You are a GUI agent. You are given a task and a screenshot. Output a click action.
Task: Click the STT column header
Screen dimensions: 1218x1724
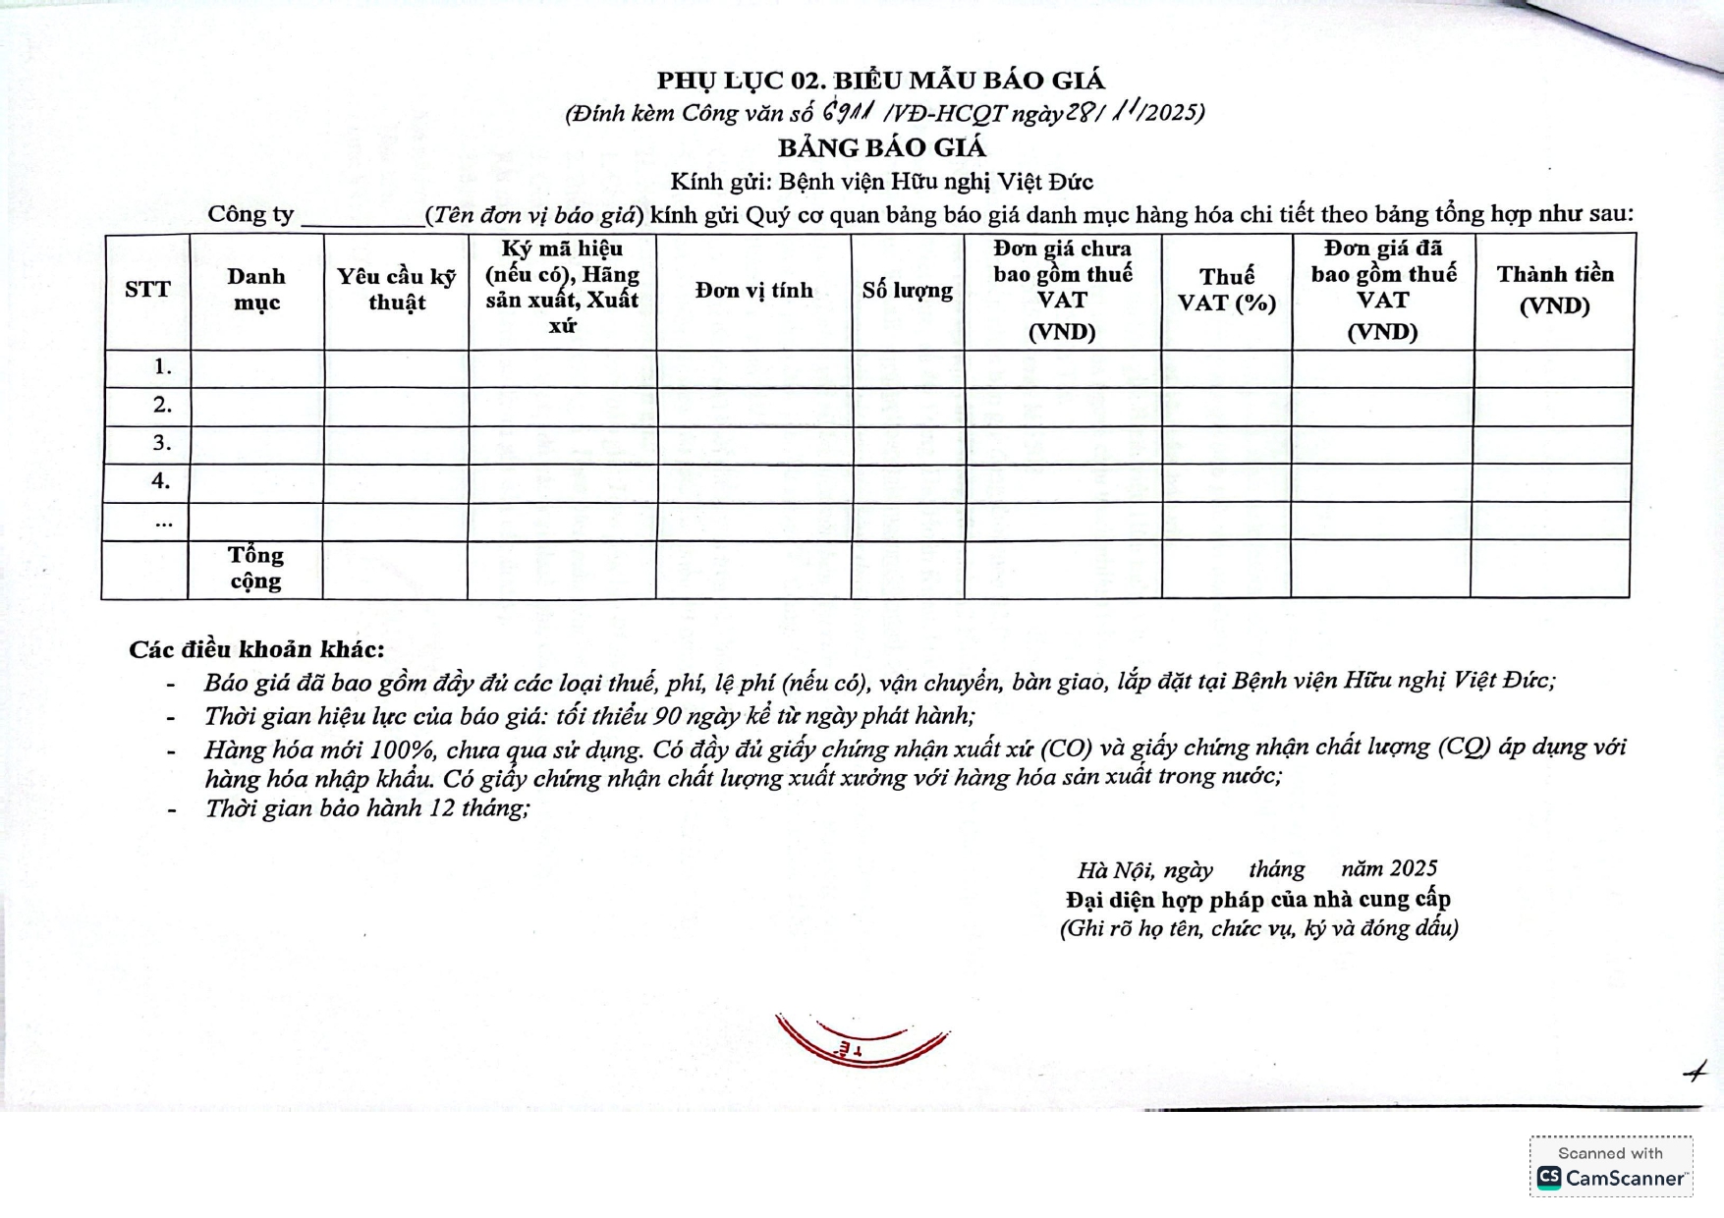click(147, 290)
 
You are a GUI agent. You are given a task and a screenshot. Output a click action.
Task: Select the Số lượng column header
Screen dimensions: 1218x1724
click(907, 291)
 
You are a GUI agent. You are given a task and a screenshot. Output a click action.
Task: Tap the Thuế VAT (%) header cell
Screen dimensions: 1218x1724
click(1226, 290)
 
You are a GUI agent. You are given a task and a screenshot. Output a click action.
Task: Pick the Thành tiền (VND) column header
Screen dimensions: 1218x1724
click(1554, 290)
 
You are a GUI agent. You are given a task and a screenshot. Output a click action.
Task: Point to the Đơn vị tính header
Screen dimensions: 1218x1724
click(753, 291)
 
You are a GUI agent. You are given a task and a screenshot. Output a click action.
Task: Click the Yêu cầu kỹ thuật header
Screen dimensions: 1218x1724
click(396, 290)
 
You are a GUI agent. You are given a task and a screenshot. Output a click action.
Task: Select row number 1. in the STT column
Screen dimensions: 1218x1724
click(162, 367)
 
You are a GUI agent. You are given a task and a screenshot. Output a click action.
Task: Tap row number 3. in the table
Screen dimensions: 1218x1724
click(162, 443)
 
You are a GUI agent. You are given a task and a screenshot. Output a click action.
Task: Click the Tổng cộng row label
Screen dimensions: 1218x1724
click(255, 568)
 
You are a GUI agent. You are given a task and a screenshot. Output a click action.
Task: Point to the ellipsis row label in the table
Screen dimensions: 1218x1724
click(164, 522)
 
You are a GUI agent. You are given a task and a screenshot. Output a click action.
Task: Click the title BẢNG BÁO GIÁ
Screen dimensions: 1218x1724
click(881, 148)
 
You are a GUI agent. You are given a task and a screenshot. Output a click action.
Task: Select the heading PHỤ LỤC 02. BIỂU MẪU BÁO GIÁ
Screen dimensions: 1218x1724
click(880, 81)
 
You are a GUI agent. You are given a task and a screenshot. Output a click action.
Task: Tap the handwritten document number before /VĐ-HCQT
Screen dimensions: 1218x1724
click(850, 112)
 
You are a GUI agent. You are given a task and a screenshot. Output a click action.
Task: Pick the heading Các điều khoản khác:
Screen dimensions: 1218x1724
click(256, 649)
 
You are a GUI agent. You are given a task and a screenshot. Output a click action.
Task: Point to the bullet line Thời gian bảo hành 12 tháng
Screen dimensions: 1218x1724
click(366, 808)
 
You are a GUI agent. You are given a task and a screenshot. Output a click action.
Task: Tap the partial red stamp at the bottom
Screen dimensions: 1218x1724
click(862, 1041)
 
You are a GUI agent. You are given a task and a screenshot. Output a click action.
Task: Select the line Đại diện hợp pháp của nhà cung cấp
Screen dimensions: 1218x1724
click(1257, 899)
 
